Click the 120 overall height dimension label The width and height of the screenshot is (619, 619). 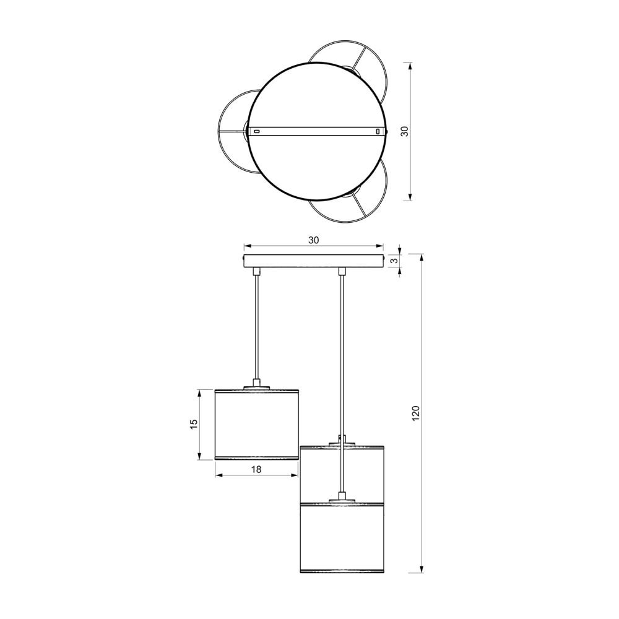coord(415,413)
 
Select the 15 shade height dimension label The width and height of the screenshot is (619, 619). coord(194,425)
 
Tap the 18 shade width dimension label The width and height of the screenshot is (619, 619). coord(256,469)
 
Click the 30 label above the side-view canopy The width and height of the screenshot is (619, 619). coord(313,240)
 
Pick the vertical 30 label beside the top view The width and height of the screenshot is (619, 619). coord(404,131)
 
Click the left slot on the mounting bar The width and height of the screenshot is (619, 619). coord(257,131)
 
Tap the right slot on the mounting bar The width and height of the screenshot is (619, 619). coord(378,131)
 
